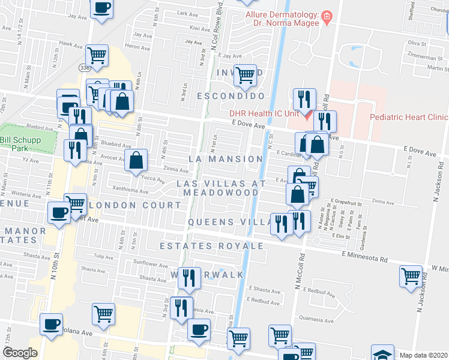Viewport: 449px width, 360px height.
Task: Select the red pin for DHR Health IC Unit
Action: point(306,114)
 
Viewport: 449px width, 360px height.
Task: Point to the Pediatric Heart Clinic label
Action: point(409,118)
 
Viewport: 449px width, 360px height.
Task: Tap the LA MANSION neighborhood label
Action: point(226,159)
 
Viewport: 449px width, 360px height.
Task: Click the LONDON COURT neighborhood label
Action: point(134,205)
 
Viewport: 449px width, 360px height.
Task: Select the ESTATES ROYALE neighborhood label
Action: point(211,246)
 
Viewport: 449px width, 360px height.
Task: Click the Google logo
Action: point(20,352)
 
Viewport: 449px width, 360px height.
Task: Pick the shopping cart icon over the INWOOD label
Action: point(245,76)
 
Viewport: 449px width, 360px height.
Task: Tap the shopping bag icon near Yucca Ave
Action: point(137,160)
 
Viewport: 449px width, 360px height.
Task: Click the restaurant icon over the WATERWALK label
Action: point(190,278)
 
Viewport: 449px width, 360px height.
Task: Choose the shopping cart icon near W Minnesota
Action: point(411,276)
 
